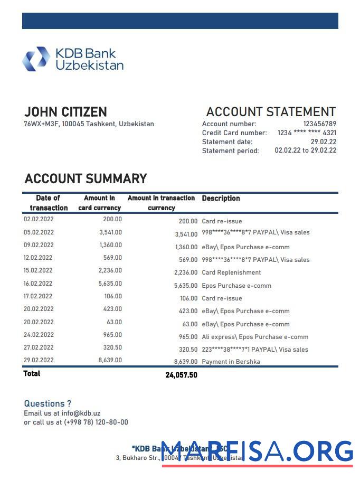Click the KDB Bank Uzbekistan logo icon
[x=36, y=59]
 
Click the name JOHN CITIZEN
[x=65, y=112]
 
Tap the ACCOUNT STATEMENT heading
[x=271, y=112]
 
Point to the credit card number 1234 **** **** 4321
[x=307, y=133]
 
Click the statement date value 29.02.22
[x=323, y=142]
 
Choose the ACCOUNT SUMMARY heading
[x=86, y=178]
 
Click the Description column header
[x=221, y=199]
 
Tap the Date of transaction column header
[x=49, y=203]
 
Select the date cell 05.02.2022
[x=39, y=232]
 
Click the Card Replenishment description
[x=231, y=273]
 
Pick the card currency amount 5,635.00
[x=110, y=284]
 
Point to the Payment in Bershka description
[x=231, y=362]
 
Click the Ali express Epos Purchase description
[x=255, y=337]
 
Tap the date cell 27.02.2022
[x=39, y=347]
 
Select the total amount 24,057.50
[x=181, y=375]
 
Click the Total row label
[x=32, y=374]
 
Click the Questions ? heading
[x=48, y=404]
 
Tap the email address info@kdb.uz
[x=81, y=413]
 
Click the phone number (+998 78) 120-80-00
[x=96, y=422]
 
